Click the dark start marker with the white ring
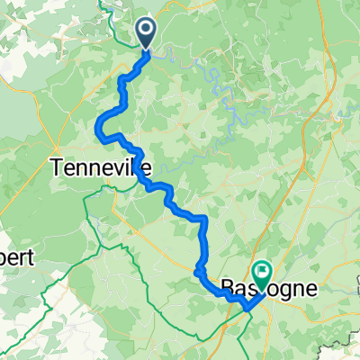pyautogui.click(x=147, y=31)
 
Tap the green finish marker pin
pyautogui.click(x=263, y=271)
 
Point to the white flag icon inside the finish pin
pyautogui.click(x=263, y=268)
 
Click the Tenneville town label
pyautogui.click(x=100, y=166)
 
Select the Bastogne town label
pyautogui.click(x=269, y=288)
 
